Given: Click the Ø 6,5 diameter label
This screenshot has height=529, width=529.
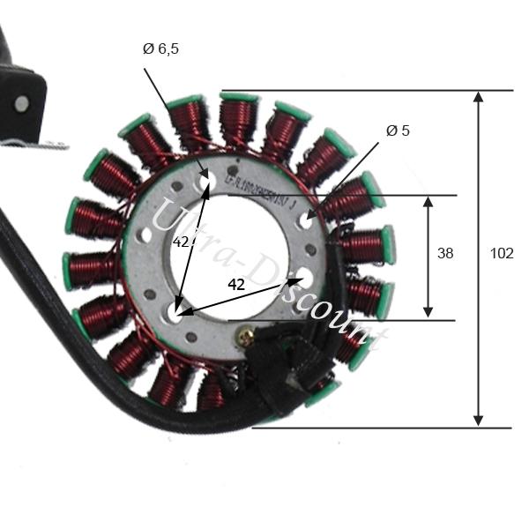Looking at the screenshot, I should point(160,49).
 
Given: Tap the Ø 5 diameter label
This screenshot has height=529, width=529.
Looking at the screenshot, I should point(398,131).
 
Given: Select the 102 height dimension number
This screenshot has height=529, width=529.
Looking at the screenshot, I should point(501,254).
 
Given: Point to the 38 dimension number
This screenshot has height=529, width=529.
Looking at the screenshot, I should point(445,254).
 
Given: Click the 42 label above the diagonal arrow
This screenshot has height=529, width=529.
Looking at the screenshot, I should point(235,285).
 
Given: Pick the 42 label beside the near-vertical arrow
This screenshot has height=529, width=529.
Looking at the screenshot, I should point(182,242).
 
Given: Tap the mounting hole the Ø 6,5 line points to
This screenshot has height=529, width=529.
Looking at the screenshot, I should point(209,182).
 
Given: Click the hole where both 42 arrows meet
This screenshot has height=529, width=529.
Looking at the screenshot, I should point(175,312).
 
